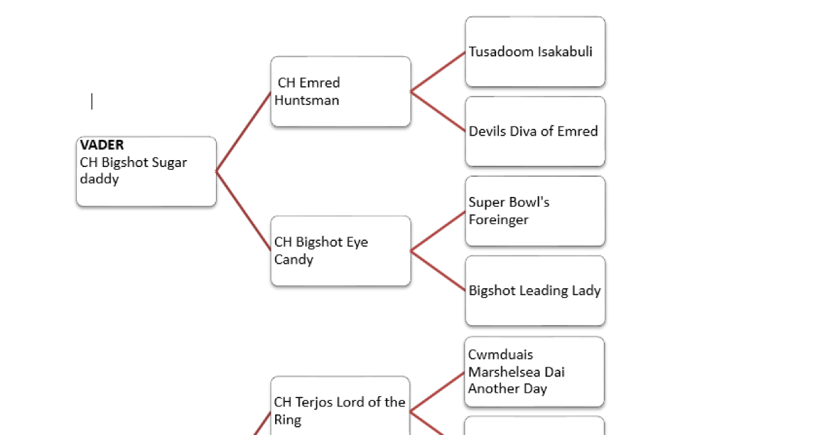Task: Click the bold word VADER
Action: [x=102, y=145]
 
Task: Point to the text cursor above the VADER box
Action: [x=92, y=102]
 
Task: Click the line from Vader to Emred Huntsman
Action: [x=243, y=132]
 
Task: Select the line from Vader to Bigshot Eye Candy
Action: [x=243, y=210]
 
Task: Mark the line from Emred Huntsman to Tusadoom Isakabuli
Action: [x=438, y=72]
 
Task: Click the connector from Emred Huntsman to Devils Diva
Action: [x=438, y=111]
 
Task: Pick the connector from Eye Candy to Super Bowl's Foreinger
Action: [x=438, y=231]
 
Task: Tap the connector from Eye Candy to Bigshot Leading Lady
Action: [x=438, y=271]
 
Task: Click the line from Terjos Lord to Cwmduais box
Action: [x=437, y=392]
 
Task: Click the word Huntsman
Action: [x=307, y=100]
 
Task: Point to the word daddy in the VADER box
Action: [x=99, y=180]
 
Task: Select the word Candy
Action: [x=293, y=260]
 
